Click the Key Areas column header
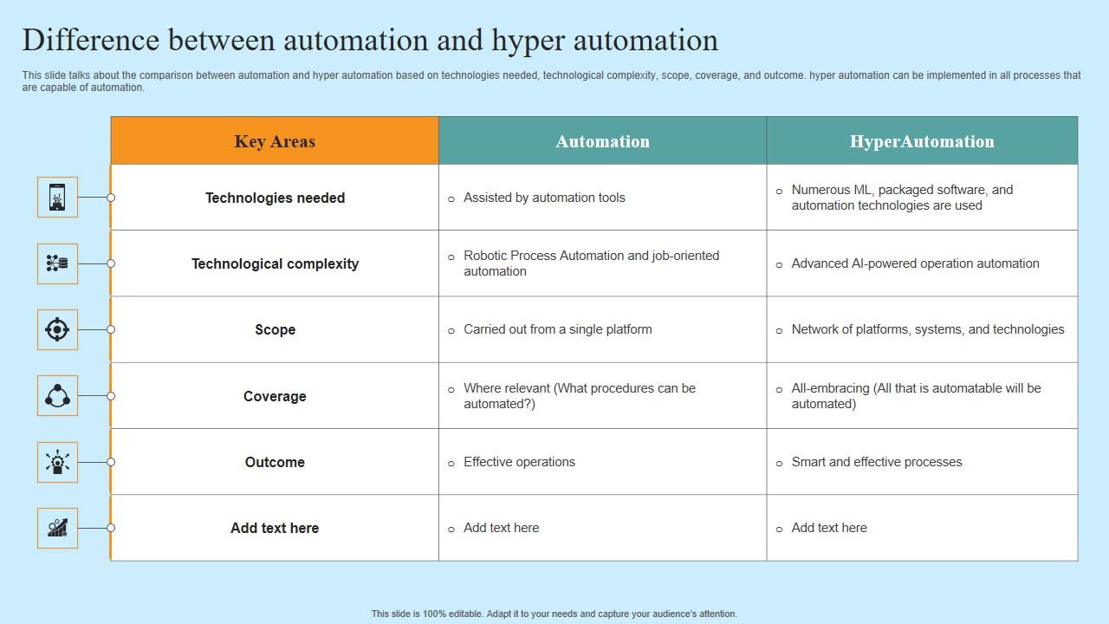(275, 141)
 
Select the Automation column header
(602, 141)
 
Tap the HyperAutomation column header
(922, 141)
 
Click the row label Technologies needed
(275, 198)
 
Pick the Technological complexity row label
(275, 263)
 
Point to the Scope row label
(275, 329)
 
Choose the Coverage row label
(275, 396)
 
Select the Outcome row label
(275, 462)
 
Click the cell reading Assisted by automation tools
(544, 198)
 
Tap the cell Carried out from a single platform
(557, 329)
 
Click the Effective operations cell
(519, 462)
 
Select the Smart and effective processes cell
(876, 462)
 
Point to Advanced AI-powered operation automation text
(915, 263)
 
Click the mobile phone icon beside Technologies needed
(57, 198)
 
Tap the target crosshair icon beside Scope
(57, 329)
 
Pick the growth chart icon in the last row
(57, 528)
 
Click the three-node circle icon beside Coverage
(57, 396)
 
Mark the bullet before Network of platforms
(779, 330)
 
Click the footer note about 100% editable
(554, 614)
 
